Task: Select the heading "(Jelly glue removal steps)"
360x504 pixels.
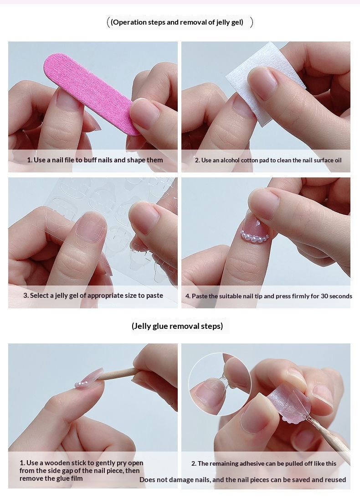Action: coord(177,326)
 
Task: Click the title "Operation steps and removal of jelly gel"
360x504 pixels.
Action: coord(177,22)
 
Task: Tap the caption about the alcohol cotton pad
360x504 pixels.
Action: coord(268,160)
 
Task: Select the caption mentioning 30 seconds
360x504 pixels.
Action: coord(269,296)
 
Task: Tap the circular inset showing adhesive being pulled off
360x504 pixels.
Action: coord(220,384)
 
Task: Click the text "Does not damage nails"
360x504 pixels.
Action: coord(175,479)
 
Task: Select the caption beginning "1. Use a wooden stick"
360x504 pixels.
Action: coord(81,471)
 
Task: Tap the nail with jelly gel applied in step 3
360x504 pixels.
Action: coord(91,227)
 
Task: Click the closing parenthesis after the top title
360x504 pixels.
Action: coord(252,22)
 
